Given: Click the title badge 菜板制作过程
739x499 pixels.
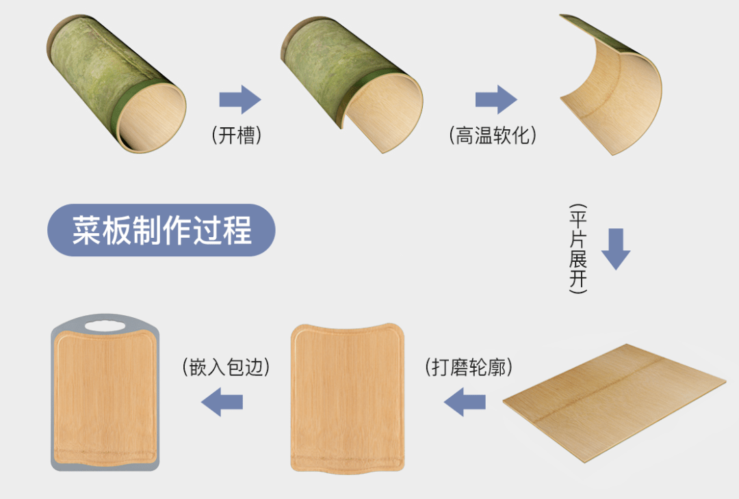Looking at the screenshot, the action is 161,230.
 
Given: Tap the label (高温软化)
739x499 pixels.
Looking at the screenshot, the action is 493,135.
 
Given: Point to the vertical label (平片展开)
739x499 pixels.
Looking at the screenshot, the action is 578,249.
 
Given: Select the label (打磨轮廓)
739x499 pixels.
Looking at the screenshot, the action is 469,367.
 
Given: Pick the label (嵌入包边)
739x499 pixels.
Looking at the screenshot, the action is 226,367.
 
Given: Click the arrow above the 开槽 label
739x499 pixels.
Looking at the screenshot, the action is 240,100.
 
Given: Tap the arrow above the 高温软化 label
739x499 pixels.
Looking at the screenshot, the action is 496,100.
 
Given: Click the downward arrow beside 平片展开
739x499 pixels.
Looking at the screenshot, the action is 616,249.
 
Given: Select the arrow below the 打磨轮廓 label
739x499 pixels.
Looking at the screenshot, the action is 465,402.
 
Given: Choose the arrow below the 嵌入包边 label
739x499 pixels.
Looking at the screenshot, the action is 222,402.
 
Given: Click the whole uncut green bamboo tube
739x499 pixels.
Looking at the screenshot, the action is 116,84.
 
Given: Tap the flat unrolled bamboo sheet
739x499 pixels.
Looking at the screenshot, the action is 614,403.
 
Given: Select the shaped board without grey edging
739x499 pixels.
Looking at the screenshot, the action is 348,399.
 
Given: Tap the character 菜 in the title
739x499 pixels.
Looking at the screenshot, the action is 87,230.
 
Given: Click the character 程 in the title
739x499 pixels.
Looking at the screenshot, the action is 237,230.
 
